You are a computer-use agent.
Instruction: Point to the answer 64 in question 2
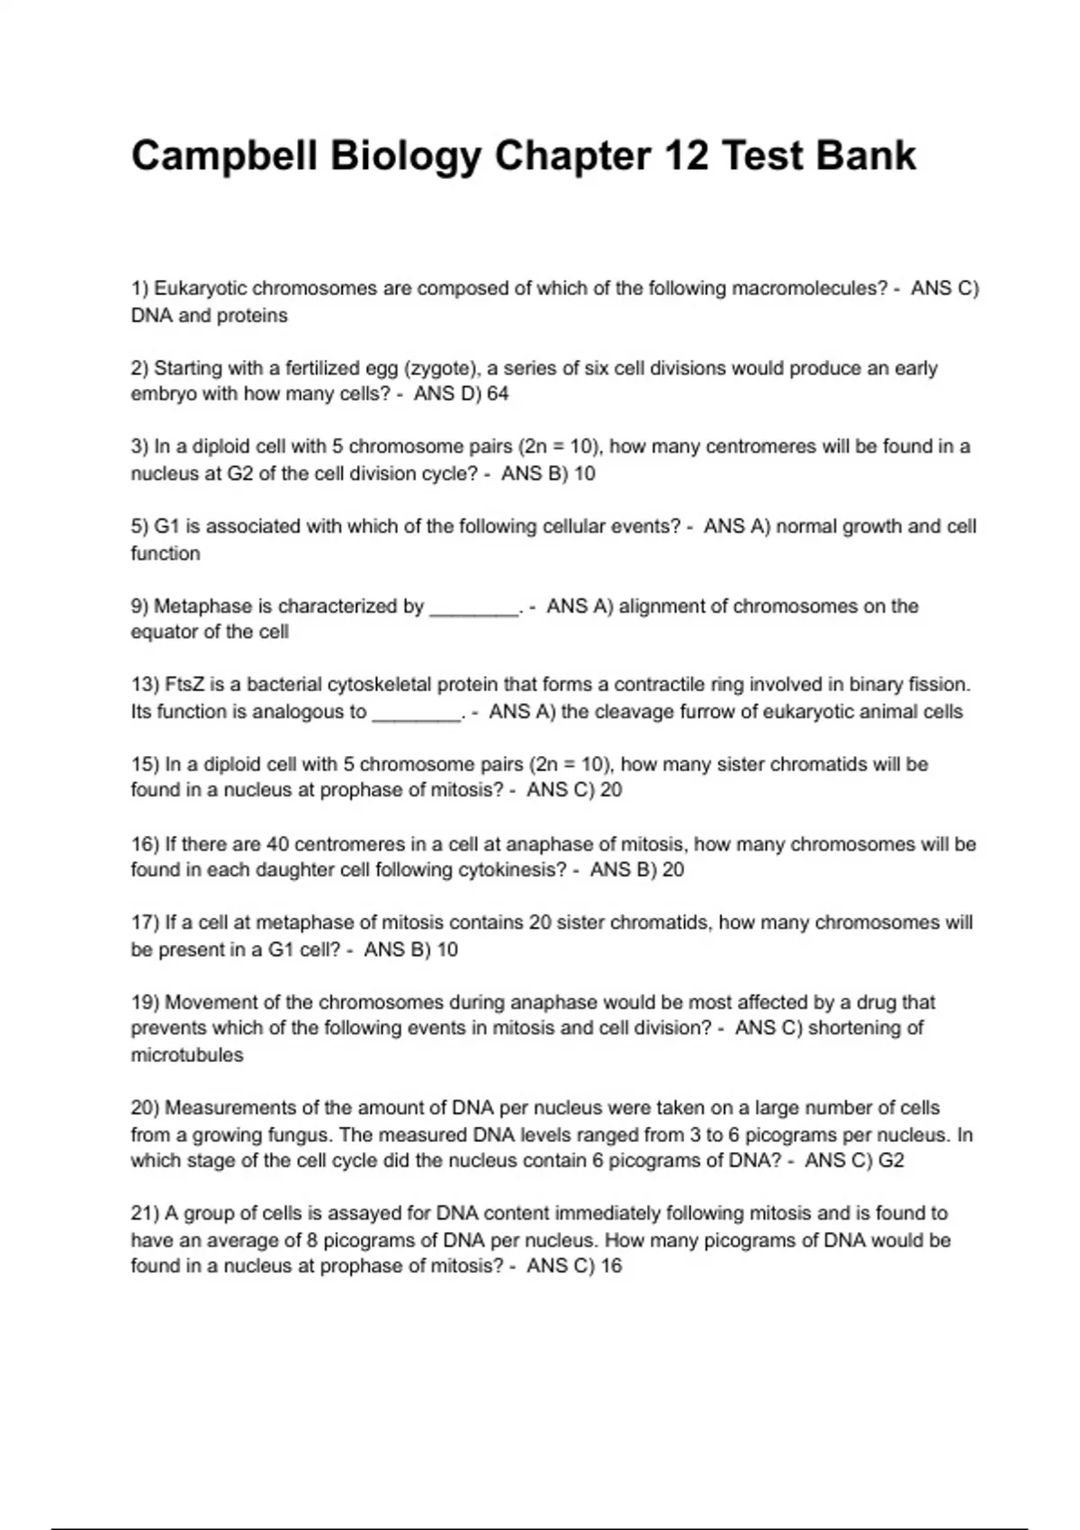click(498, 394)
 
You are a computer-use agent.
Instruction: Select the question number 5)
click(139, 526)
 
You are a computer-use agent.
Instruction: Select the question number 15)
click(145, 764)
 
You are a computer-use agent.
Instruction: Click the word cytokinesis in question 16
click(512, 870)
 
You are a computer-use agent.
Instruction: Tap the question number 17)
click(145, 922)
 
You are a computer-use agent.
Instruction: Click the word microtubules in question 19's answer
click(187, 1055)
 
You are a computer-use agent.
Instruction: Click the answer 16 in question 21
click(611, 1266)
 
